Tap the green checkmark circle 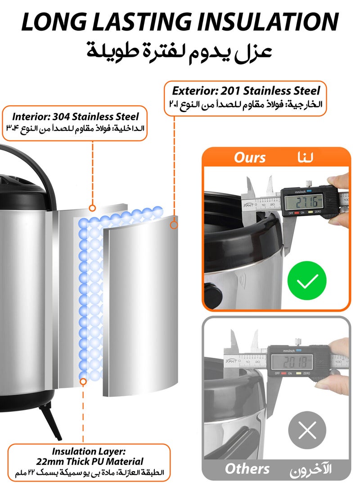tap(307, 281)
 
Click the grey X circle tap(308, 431)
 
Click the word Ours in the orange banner tap(250, 158)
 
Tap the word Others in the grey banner tap(247, 468)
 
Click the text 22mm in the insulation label tap(49, 461)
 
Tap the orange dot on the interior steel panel tap(92, 208)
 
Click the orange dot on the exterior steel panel tap(174, 224)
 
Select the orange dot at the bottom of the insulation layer tap(83, 381)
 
